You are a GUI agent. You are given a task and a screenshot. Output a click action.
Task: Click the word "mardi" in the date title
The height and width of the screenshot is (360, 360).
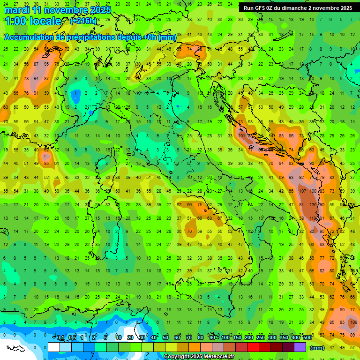click(x=17, y=10)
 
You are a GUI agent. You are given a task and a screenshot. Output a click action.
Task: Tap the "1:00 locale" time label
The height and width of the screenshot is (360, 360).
click(x=33, y=21)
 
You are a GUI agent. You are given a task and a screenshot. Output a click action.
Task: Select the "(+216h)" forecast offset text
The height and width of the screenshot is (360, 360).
click(x=83, y=21)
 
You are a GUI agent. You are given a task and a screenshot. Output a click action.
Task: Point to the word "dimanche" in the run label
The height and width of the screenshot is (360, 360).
click(x=296, y=8)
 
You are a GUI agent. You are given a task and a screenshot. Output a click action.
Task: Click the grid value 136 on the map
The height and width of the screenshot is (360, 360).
click(x=312, y=205)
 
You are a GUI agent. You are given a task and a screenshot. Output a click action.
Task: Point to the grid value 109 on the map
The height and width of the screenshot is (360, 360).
click(x=353, y=322)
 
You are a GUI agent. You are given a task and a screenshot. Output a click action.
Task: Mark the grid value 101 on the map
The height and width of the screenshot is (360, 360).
click(x=241, y=136)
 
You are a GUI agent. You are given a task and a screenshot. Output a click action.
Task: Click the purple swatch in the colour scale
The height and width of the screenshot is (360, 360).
click(x=300, y=347)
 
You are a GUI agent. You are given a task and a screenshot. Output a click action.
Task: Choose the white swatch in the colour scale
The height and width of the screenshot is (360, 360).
click(x=54, y=347)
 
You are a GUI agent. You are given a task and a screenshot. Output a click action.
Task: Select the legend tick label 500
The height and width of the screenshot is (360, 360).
click(x=307, y=338)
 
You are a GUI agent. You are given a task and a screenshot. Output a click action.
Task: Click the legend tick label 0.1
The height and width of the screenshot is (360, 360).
click(x=60, y=338)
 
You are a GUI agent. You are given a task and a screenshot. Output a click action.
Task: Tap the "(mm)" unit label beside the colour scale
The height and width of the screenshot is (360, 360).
click(x=317, y=348)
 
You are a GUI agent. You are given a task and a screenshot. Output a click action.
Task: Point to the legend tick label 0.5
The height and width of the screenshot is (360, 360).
click(x=72, y=338)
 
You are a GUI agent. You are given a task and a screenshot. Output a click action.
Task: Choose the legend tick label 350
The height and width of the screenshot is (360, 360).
click(x=284, y=338)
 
